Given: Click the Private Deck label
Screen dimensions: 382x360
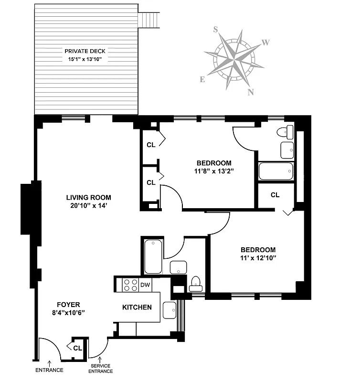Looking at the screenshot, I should [85, 51].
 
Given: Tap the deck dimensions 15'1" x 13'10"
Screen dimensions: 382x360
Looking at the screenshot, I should [85, 59].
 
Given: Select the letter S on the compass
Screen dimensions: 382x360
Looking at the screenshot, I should [216, 30].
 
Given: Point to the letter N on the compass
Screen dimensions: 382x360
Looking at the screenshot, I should [250, 92].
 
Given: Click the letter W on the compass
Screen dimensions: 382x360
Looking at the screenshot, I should [266, 42].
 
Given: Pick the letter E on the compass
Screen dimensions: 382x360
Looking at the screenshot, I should [202, 80].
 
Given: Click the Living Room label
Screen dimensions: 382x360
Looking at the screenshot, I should [88, 197].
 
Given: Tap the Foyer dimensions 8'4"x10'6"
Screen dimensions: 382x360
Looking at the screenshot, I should [68, 312].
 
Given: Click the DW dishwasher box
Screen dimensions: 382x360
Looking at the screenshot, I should [146, 285].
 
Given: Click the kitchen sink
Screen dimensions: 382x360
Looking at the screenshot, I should [169, 310].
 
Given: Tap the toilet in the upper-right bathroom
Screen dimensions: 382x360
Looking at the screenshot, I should [288, 131].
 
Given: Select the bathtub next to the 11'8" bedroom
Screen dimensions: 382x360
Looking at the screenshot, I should [275, 171].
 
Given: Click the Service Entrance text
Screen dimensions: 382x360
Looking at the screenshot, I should [100, 369].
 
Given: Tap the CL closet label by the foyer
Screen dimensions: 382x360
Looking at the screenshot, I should [77, 348].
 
